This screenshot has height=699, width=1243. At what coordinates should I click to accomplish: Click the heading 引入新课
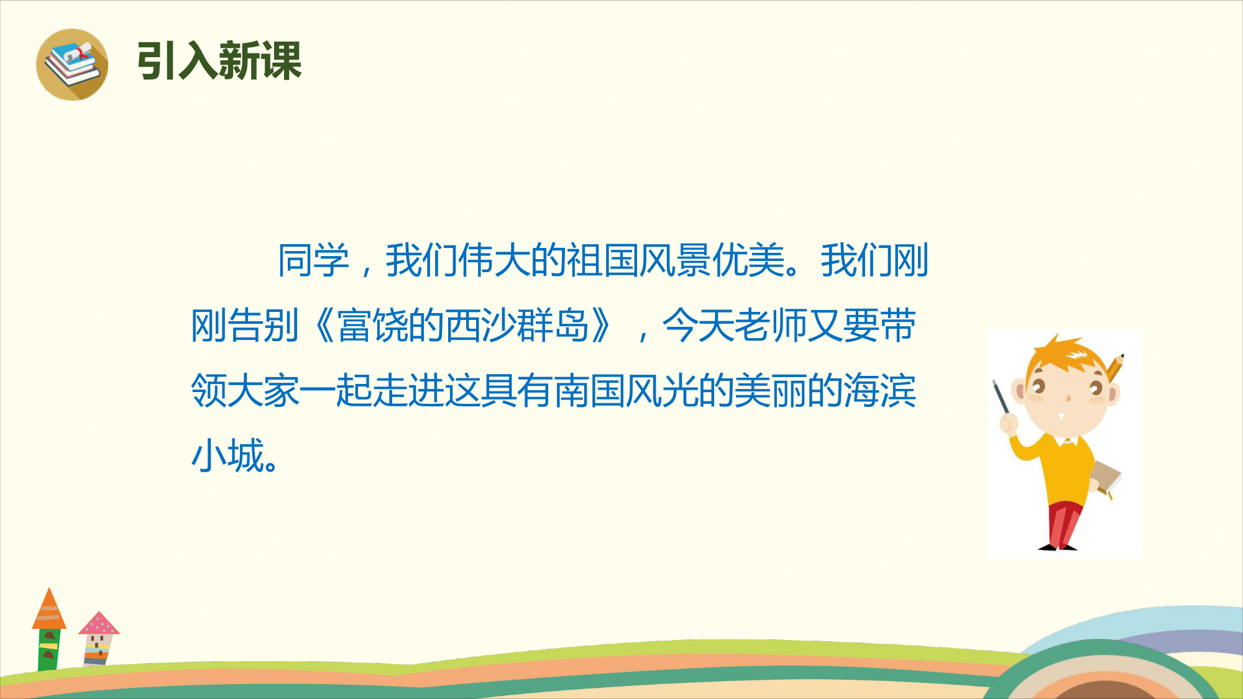219,61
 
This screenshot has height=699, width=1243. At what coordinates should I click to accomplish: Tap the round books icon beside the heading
72,65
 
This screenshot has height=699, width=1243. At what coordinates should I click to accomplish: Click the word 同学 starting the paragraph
313,260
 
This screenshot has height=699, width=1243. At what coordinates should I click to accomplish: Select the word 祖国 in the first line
602,260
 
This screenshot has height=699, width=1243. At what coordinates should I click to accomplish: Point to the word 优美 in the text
748,260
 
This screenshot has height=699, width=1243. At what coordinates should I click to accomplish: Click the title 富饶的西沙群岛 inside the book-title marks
462,326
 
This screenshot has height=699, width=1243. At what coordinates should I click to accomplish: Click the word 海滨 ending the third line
879,391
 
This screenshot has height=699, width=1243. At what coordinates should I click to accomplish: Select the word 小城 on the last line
227,456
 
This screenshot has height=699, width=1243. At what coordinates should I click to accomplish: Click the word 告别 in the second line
264,326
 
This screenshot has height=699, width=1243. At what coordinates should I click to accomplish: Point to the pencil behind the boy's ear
1115,367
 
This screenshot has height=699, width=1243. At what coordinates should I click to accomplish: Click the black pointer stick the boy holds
1001,396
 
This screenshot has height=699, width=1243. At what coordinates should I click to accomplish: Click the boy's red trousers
1064,525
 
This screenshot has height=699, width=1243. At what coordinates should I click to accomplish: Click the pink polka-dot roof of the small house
99,623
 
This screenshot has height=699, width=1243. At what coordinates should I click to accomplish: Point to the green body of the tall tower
49,650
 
